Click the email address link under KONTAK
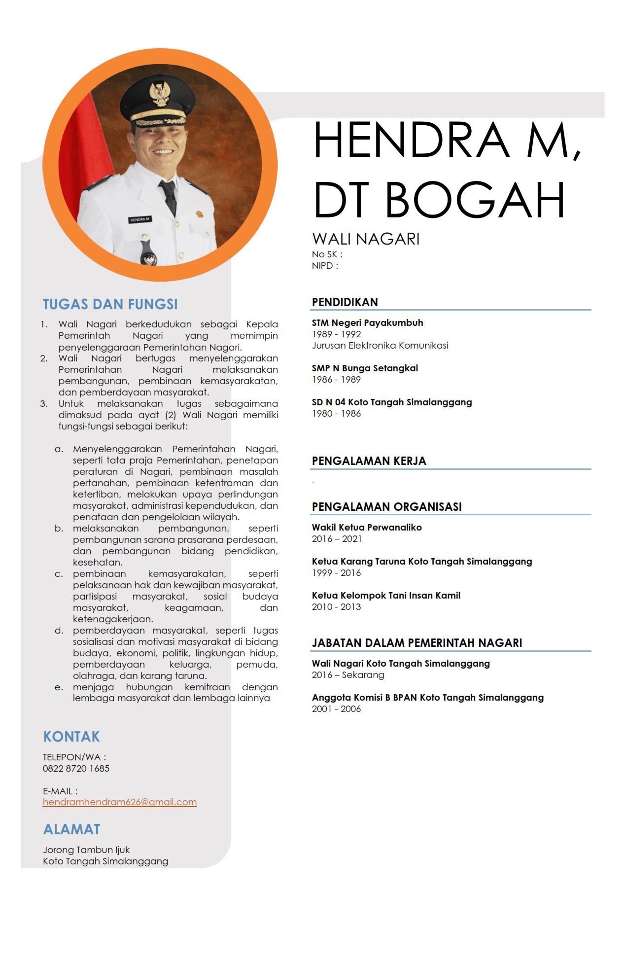tap(120, 802)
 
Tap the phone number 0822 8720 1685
tap(76, 768)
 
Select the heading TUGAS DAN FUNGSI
tap(110, 304)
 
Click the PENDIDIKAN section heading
tap(345, 302)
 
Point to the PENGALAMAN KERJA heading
tap(369, 461)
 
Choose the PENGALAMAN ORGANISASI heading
tap(386, 507)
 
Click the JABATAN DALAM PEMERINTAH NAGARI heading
tap(417, 643)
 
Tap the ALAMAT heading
tap(71, 829)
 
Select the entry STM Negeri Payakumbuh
tap(367, 323)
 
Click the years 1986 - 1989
tap(336, 380)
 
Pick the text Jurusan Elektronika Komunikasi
tap(380, 346)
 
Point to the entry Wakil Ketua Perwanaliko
tap(367, 528)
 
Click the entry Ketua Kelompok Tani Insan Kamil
tap(386, 596)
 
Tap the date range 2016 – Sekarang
tap(348, 675)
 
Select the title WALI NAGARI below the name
tap(366, 239)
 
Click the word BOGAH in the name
tap(474, 200)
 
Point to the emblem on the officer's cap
tap(160, 94)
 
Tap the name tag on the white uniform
tap(140, 219)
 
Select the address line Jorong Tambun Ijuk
tap(86, 850)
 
